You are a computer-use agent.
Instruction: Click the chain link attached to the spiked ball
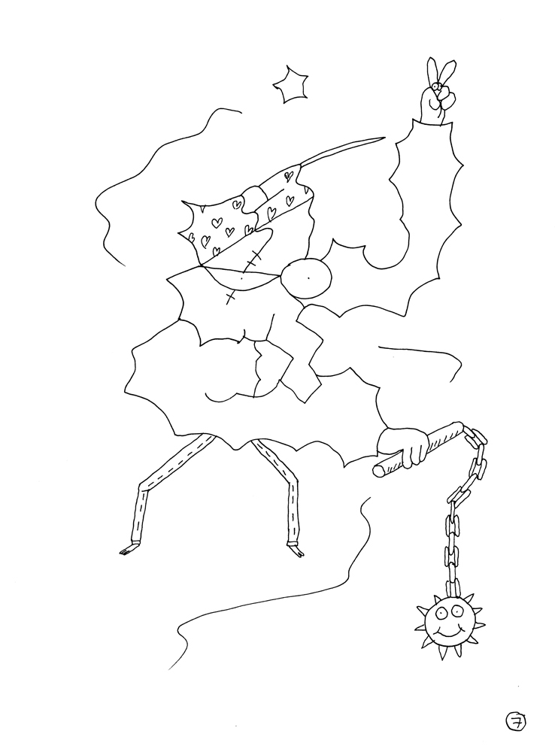point(452,588)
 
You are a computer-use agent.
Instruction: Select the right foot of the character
point(296,551)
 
